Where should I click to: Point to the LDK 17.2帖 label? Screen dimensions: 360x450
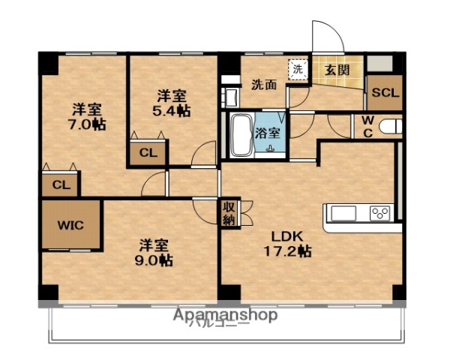click(286, 244)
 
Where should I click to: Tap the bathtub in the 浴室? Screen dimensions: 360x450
click(241, 135)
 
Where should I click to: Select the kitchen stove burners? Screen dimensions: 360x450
click(379, 214)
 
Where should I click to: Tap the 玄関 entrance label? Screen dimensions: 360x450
click(336, 70)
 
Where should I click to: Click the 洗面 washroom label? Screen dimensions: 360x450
click(263, 84)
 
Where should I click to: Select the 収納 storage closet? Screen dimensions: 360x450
click(228, 213)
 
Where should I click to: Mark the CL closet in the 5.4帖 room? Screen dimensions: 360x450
click(148, 153)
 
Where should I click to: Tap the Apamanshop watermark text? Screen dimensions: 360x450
click(226, 314)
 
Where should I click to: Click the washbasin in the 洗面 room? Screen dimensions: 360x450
click(229, 96)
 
